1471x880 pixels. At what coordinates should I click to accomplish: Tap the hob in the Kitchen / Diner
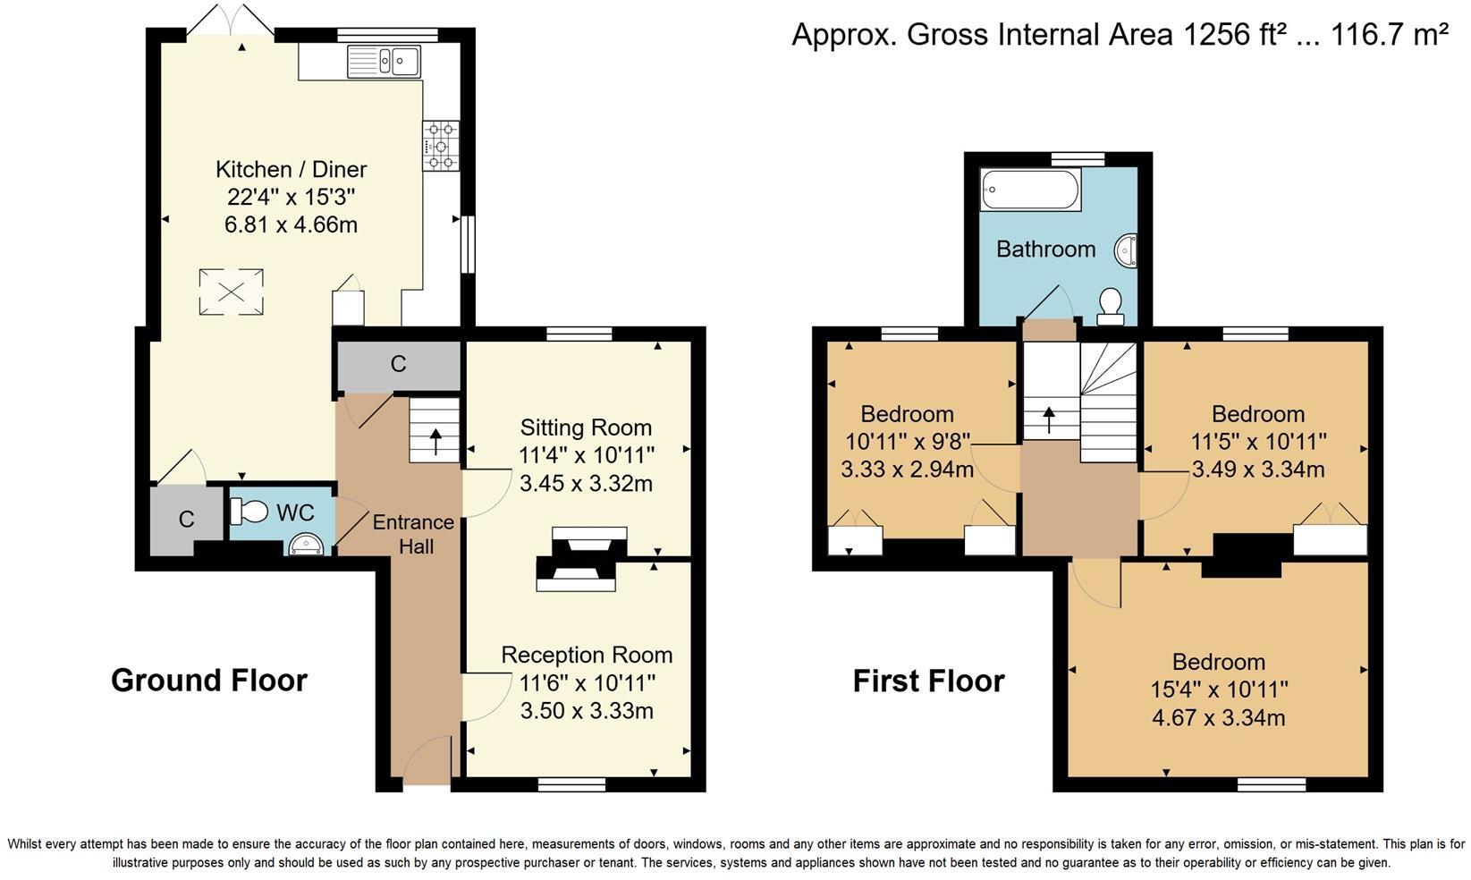(x=440, y=145)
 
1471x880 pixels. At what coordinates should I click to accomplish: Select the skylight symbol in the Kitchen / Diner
(x=232, y=292)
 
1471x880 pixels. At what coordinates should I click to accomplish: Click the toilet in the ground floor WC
(x=249, y=512)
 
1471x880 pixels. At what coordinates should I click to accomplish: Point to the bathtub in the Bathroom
(x=1030, y=190)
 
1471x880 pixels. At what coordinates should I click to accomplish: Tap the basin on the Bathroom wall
(x=1127, y=250)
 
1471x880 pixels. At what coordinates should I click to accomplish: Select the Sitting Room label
(x=586, y=427)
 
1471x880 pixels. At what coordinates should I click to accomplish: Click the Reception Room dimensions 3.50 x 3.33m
(x=587, y=711)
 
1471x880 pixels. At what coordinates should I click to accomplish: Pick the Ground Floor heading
(x=208, y=681)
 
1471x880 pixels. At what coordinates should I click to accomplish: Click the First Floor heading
(x=928, y=681)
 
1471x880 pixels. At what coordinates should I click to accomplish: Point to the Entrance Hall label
(x=413, y=533)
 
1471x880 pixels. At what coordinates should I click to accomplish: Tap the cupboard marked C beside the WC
(x=186, y=520)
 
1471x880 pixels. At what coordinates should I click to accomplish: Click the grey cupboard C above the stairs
(x=398, y=364)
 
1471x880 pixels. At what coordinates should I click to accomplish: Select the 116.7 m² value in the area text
(x=1389, y=35)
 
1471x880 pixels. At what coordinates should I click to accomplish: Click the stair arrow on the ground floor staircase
(x=435, y=440)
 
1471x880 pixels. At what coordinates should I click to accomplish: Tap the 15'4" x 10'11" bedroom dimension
(x=1219, y=690)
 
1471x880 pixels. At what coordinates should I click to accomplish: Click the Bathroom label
(x=1045, y=249)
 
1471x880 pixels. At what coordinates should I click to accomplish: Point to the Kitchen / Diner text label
(x=291, y=169)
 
